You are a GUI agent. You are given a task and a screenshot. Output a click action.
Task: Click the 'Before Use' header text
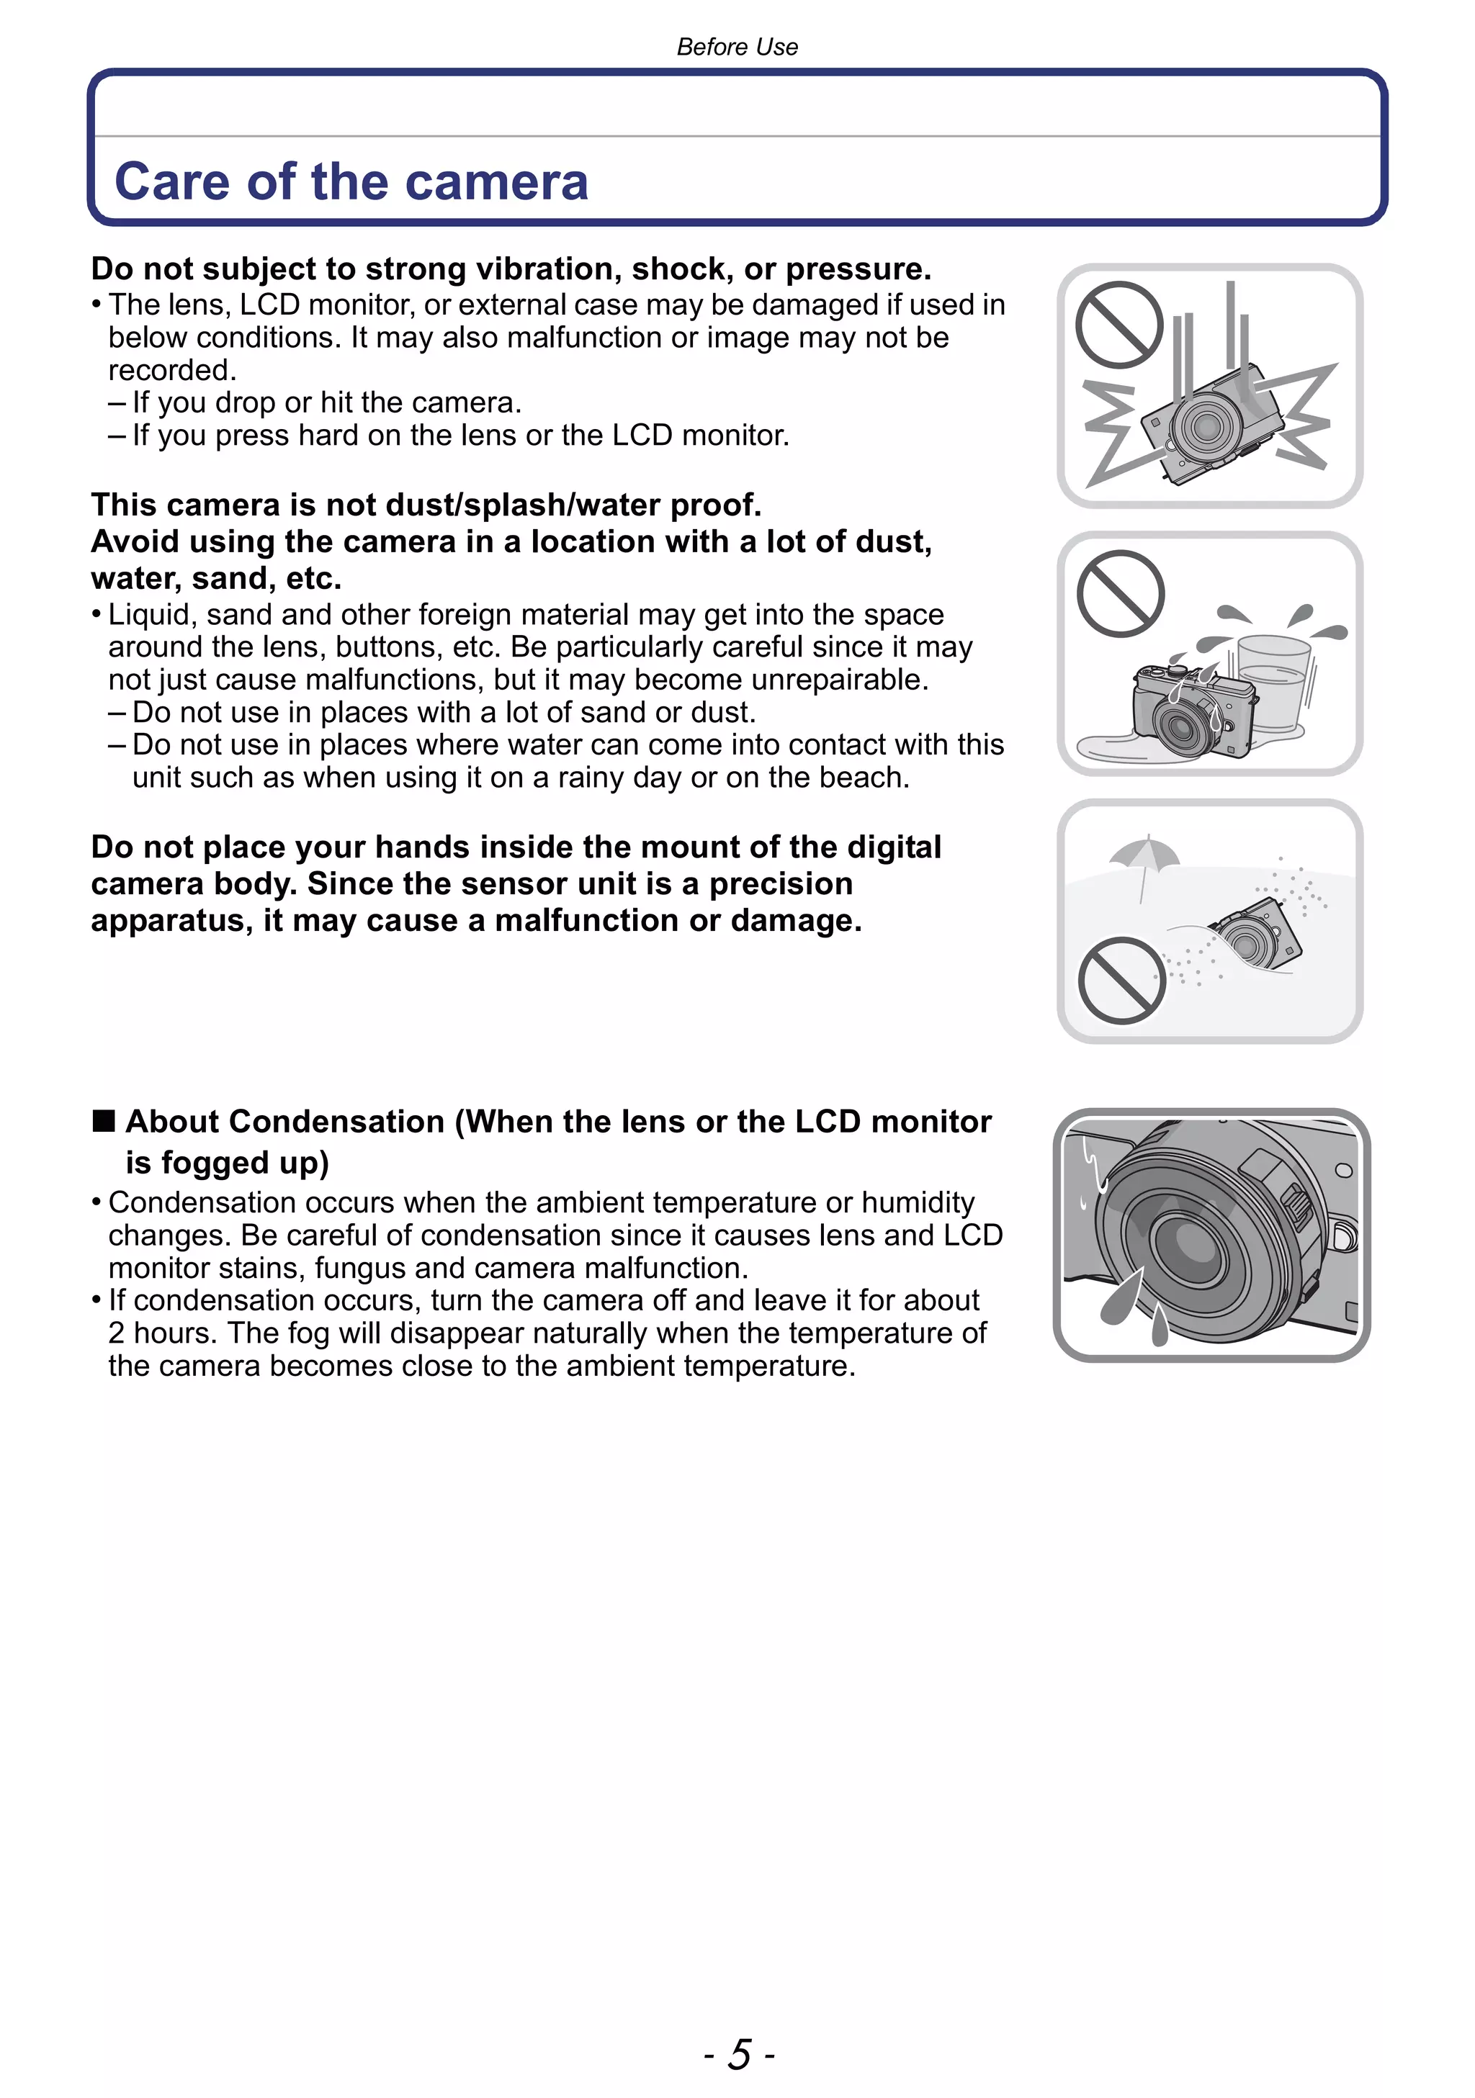(x=737, y=47)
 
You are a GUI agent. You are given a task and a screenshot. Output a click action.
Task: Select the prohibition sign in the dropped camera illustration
(x=1118, y=325)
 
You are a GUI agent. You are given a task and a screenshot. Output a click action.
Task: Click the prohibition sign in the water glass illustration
(x=1121, y=594)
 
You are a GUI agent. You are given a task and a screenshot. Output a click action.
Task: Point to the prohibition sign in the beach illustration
(x=1121, y=981)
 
